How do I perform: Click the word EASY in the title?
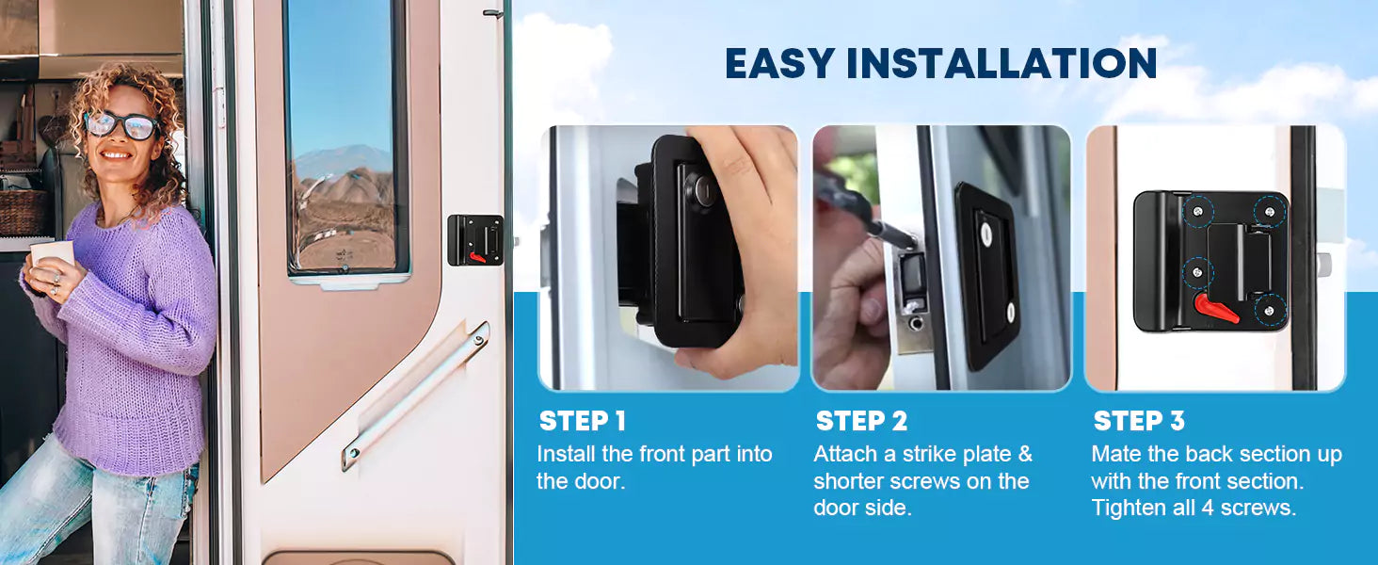point(780,63)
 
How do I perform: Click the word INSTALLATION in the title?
point(1001,63)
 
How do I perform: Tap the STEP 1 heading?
point(582,422)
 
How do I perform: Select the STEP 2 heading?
point(861,422)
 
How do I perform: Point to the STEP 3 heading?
point(1139,422)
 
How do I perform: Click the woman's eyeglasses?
point(121,125)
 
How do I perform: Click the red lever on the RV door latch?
point(477,257)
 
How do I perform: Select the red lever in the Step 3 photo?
point(1216,309)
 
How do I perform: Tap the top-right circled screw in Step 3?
point(1271,212)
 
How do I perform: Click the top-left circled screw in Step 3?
point(1198,212)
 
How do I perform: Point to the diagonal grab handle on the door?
point(416,395)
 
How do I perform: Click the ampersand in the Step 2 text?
point(1025,454)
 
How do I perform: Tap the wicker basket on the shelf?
point(23,213)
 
